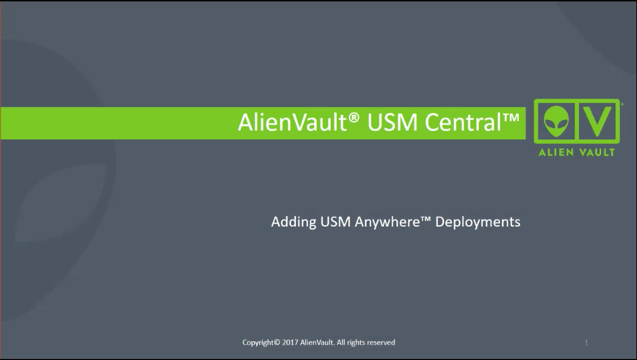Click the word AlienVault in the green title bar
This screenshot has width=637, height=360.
pyautogui.click(x=292, y=122)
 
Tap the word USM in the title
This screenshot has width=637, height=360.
pyautogui.click(x=392, y=122)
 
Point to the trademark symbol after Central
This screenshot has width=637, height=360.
pyautogui.click(x=511, y=118)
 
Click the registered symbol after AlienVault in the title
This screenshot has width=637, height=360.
pyautogui.click(x=354, y=117)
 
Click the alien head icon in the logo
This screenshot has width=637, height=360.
pyautogui.click(x=556, y=121)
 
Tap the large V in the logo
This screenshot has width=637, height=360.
pyautogui.click(x=597, y=121)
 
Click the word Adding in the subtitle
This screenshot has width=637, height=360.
pyautogui.click(x=294, y=222)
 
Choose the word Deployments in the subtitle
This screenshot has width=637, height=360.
pyautogui.click(x=477, y=222)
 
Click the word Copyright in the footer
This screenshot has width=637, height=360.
pyautogui.click(x=258, y=342)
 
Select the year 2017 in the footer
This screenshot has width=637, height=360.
pyautogui.click(x=290, y=342)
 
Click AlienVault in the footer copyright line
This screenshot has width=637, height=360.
pyautogui.click(x=317, y=342)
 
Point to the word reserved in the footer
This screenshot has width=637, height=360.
pyautogui.click(x=381, y=342)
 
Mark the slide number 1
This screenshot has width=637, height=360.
pyautogui.click(x=586, y=342)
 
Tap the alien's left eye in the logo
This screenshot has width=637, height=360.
pyautogui.click(x=551, y=121)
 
